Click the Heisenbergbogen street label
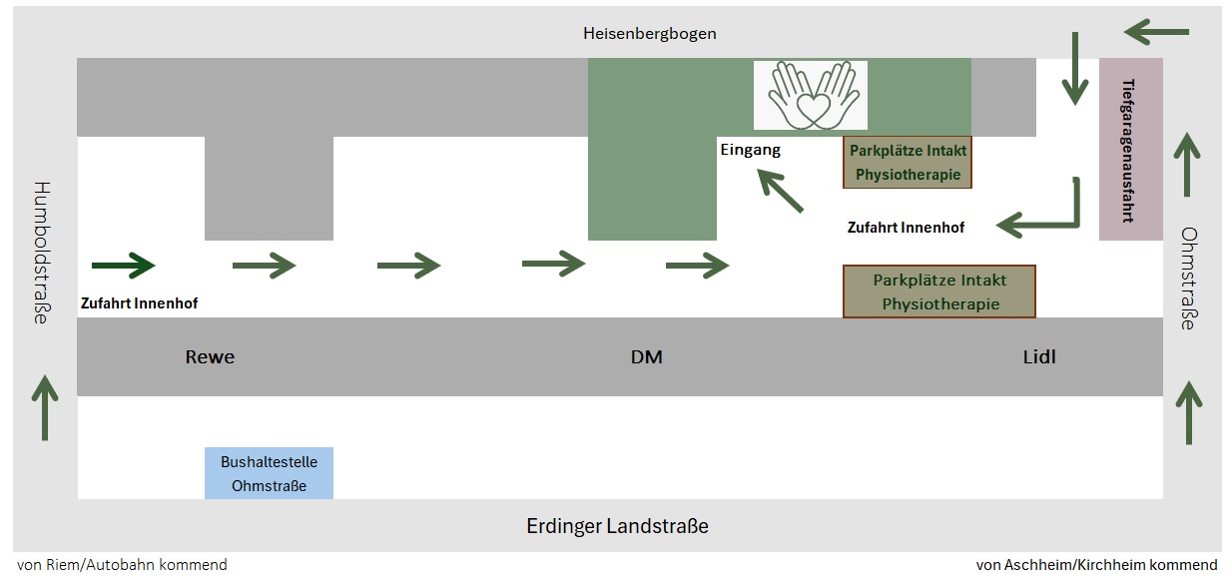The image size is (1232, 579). (x=649, y=34)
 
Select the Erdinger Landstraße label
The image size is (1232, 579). (x=617, y=526)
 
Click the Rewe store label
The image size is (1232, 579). (x=210, y=356)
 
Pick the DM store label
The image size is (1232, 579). (x=647, y=356)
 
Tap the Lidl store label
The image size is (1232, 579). (x=1039, y=356)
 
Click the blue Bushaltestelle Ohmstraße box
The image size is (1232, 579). (x=269, y=473)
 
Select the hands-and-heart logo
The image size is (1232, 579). (x=810, y=95)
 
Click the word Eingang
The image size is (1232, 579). (x=750, y=150)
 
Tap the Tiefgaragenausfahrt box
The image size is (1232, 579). (x=1130, y=150)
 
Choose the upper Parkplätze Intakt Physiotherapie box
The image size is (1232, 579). (x=907, y=163)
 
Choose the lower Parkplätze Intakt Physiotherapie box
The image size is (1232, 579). (x=939, y=291)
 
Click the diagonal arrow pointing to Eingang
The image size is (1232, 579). (x=780, y=191)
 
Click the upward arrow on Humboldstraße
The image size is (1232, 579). (x=45, y=406)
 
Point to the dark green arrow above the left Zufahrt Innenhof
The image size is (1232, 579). (x=123, y=266)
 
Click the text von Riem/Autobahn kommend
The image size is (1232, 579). (x=122, y=565)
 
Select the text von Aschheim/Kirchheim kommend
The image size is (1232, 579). (x=1096, y=565)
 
